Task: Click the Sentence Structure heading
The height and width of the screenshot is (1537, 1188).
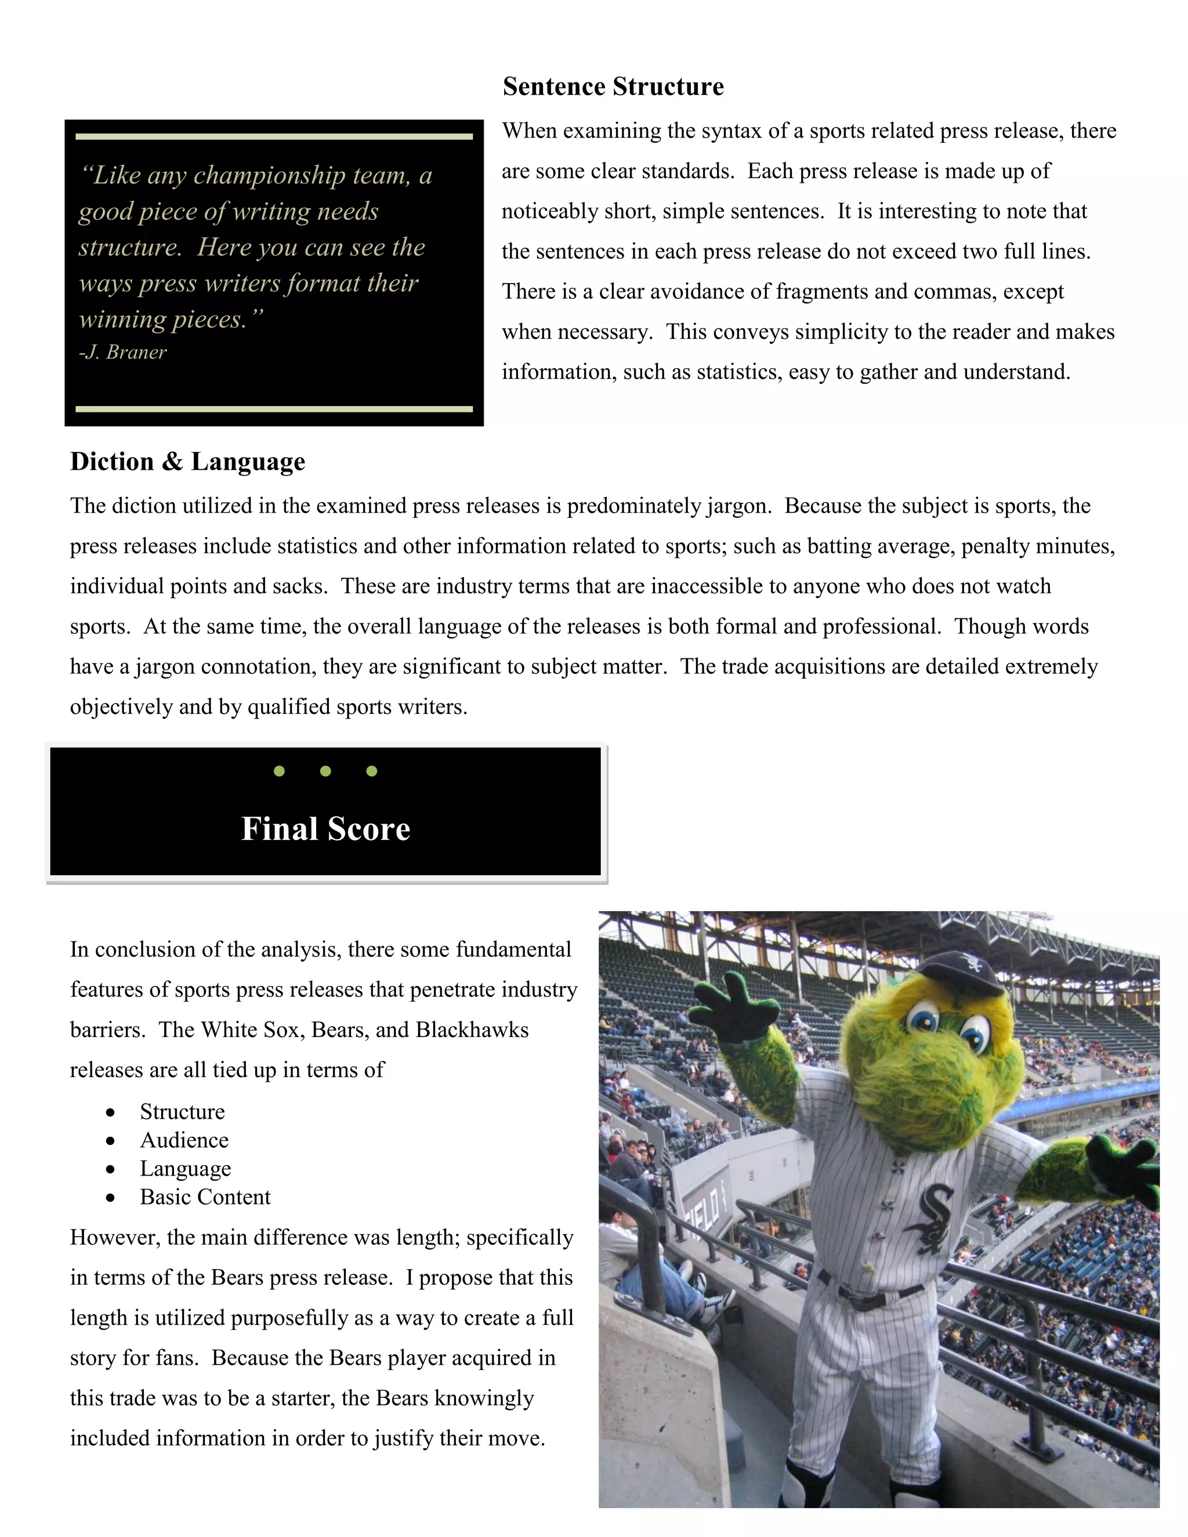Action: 613,86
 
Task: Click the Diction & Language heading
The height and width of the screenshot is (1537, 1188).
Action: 187,462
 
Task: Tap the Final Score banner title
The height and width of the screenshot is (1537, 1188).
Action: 325,828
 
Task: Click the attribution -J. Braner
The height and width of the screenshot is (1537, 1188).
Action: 122,352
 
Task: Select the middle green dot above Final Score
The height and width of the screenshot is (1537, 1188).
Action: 325,771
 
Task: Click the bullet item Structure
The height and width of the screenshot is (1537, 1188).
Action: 182,1111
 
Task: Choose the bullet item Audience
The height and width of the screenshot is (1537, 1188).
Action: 184,1140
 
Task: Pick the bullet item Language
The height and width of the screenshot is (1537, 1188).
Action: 185,1168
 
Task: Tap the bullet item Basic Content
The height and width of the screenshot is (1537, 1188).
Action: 205,1197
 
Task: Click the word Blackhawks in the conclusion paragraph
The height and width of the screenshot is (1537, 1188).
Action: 472,1029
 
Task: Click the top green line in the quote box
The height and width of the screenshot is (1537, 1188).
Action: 274,136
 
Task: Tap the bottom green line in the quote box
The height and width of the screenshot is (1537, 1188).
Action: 274,409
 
